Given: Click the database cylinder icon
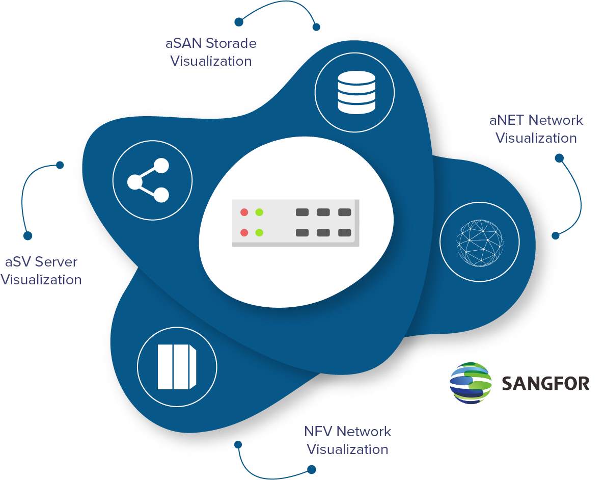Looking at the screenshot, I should tap(356, 92).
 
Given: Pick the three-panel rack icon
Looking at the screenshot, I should tap(177, 367).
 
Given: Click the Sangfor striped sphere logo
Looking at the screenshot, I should tap(471, 383).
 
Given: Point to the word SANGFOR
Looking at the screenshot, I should tap(545, 383).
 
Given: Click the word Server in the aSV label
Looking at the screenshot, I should tap(57, 262).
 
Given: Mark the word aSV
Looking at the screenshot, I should tap(19, 262).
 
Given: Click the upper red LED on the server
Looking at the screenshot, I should tap(244, 212).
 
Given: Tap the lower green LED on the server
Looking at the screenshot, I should tap(259, 233).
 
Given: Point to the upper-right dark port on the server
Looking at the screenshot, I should tap(345, 212).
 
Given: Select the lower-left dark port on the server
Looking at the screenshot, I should tap(302, 233).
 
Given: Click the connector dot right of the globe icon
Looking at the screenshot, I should tap(555, 235).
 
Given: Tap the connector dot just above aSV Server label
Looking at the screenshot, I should tap(28, 236).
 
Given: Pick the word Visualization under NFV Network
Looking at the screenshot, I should tap(348, 449).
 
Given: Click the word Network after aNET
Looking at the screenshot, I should tap(556, 121).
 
